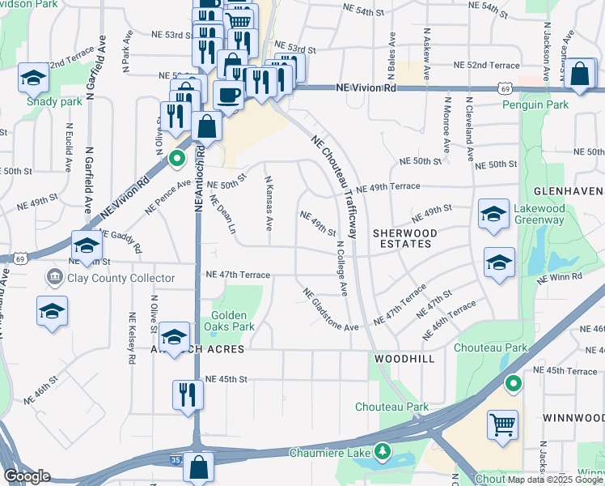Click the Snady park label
click(54, 102)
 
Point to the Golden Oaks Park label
click(233, 321)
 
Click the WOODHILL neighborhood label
click(404, 357)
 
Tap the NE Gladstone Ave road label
click(330, 309)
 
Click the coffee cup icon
click(228, 95)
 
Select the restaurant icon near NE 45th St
click(188, 394)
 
